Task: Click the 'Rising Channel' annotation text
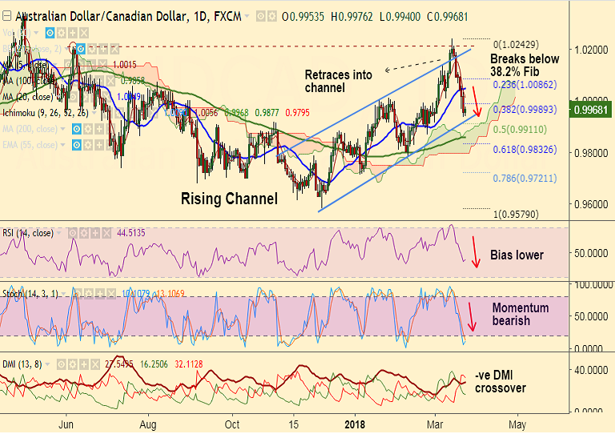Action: [x=229, y=199]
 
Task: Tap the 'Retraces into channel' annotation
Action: [x=339, y=81]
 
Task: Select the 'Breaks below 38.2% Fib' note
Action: [x=525, y=65]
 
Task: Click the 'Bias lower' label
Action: [x=517, y=255]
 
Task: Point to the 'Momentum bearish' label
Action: [x=521, y=314]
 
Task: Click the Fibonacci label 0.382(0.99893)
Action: [x=523, y=108]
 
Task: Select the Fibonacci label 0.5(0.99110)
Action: [x=520, y=129]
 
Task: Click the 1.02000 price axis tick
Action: [x=590, y=50]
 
